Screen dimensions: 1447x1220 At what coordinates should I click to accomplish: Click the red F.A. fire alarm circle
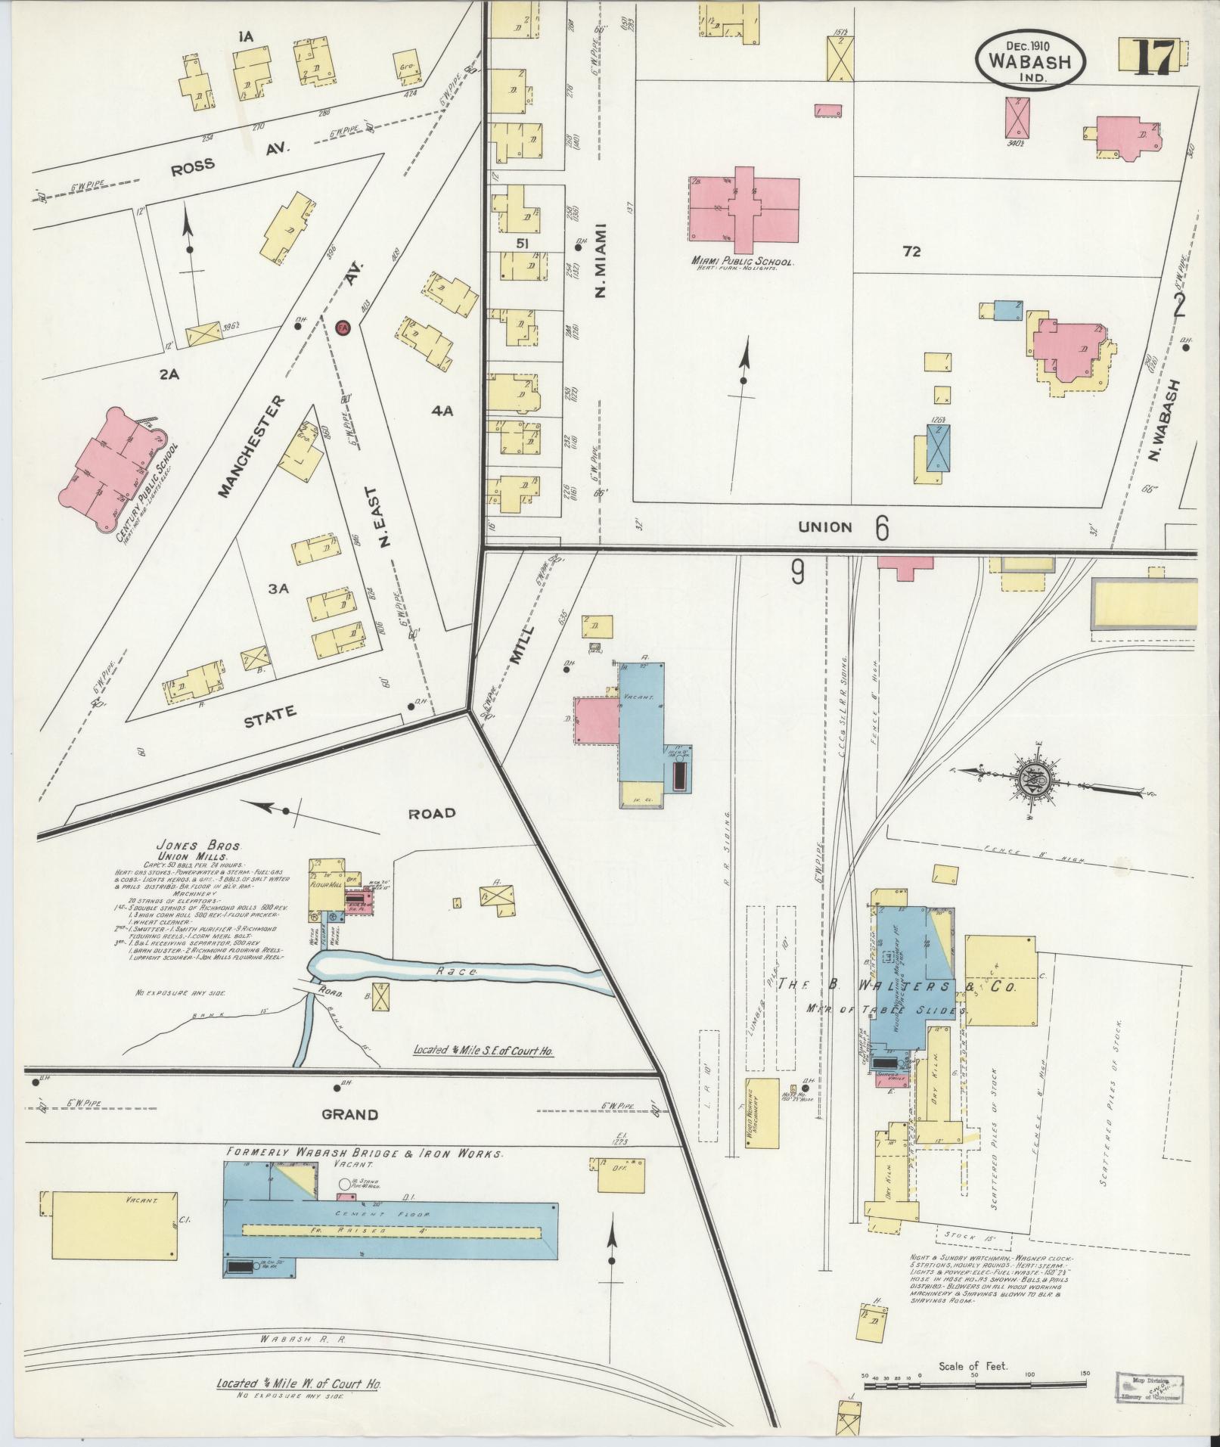(x=342, y=328)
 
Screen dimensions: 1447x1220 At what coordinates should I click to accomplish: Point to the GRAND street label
(x=350, y=1114)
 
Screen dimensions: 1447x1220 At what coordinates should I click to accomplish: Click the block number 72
(x=911, y=252)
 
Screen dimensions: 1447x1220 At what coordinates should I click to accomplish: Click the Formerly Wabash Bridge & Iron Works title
(x=364, y=1154)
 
